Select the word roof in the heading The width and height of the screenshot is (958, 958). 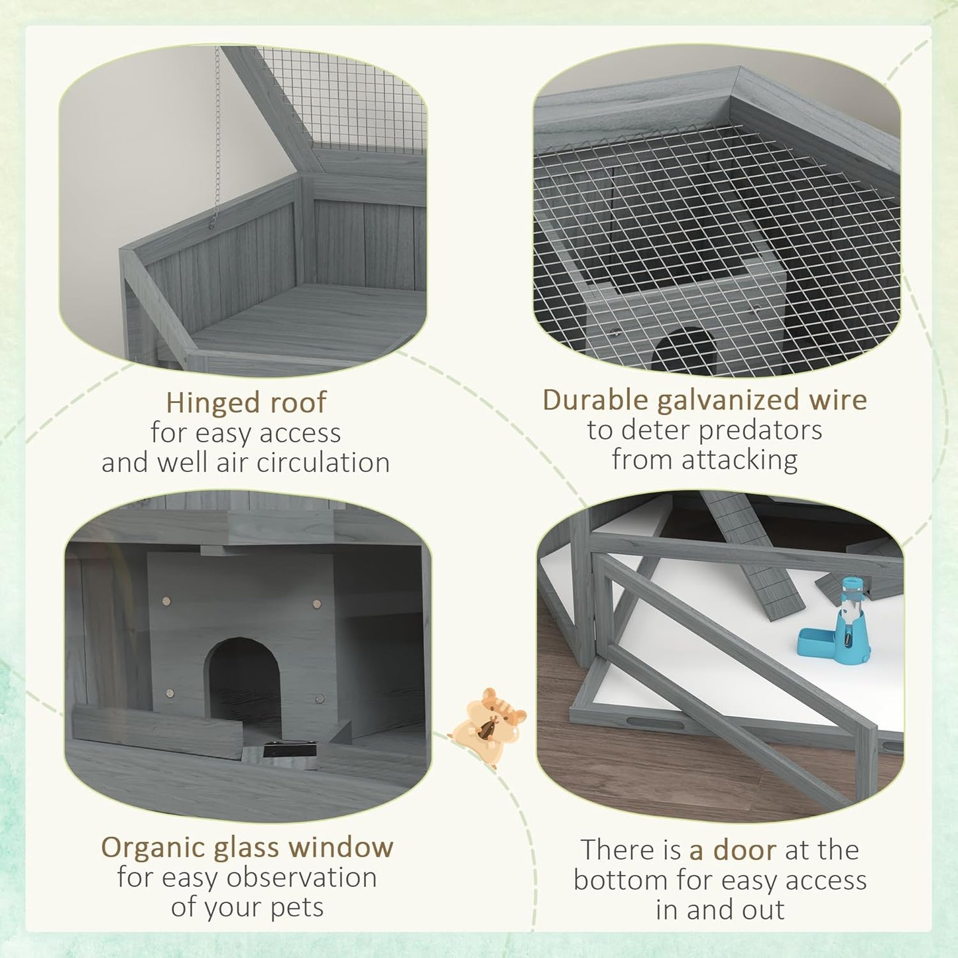[x=298, y=402]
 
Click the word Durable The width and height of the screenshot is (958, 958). [x=595, y=400]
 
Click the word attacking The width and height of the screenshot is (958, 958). [x=739, y=461]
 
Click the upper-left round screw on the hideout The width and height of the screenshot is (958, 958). [x=167, y=601]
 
